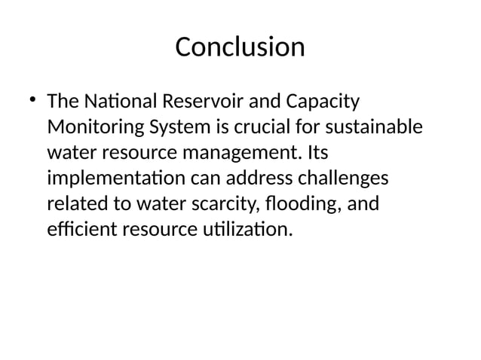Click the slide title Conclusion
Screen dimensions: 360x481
pos(240,47)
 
